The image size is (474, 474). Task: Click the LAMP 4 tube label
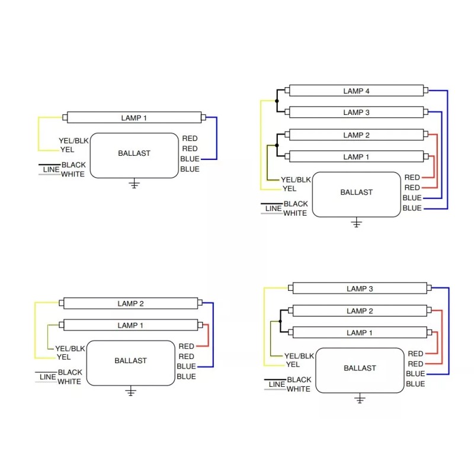coord(356,91)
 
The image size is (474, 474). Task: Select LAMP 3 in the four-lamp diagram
coord(356,113)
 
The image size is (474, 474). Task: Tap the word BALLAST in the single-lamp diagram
coord(134,153)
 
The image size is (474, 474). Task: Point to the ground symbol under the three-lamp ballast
coord(360,398)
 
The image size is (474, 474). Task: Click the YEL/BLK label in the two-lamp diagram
coord(70,348)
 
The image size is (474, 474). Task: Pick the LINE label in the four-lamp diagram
coord(274,209)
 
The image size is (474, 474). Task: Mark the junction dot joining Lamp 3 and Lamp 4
coord(277,101)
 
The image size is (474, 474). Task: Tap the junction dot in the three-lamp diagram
coord(280,321)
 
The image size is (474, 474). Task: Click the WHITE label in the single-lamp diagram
coord(73,174)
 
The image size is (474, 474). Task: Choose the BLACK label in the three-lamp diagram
coord(299,380)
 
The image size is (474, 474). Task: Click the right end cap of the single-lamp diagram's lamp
coord(203,117)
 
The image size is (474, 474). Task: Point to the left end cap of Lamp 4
coord(287,90)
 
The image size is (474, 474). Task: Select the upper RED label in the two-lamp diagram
coord(186,346)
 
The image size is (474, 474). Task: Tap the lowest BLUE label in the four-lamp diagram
coord(412,208)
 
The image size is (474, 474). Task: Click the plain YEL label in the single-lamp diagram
coord(67,150)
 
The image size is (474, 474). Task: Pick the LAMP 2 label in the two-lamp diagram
coord(130,303)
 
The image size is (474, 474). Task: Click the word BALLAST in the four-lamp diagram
coord(357,192)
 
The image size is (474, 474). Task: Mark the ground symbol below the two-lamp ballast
coord(130,391)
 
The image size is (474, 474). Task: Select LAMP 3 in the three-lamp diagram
coord(360,289)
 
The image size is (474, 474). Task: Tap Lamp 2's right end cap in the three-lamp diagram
coord(429,310)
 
